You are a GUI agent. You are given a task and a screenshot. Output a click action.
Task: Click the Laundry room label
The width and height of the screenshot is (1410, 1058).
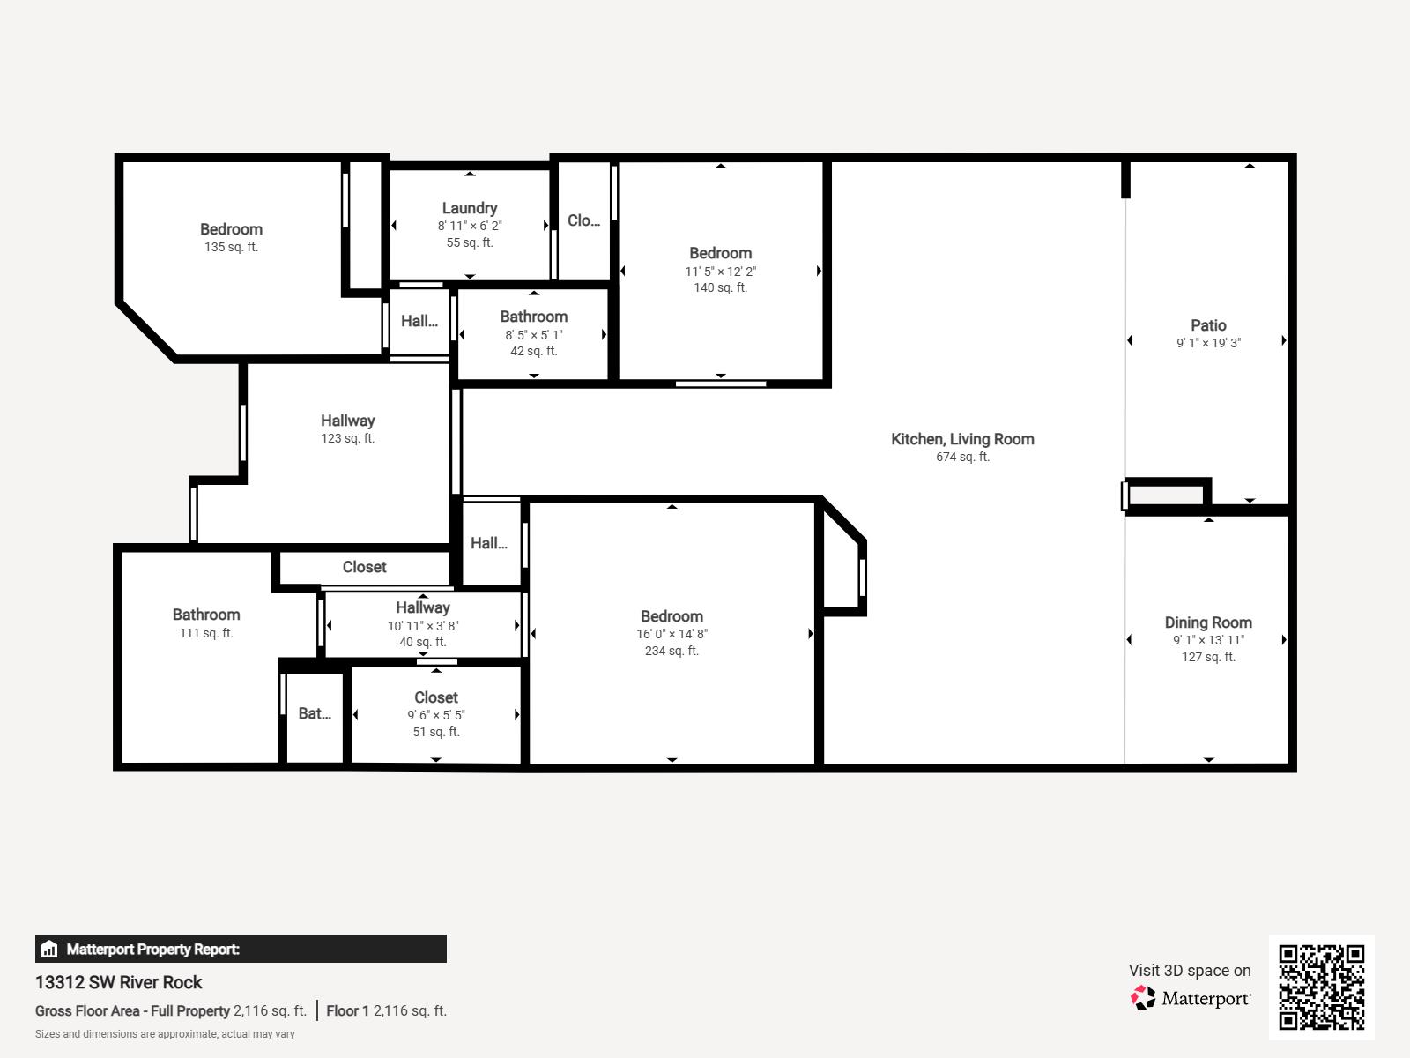[x=469, y=208]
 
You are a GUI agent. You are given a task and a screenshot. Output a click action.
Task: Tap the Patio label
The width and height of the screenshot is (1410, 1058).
[x=1208, y=325]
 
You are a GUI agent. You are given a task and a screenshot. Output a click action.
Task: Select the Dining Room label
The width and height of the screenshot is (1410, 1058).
[x=1208, y=622]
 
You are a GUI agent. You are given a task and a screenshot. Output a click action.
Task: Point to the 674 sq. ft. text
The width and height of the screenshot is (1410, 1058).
[x=962, y=457]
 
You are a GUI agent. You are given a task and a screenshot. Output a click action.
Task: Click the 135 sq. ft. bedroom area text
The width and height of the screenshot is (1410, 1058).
[x=231, y=247]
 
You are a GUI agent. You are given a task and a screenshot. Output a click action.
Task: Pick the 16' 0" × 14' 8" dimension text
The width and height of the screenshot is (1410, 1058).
[x=672, y=634]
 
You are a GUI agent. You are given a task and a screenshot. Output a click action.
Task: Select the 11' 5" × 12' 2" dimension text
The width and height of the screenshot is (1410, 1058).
[x=720, y=272]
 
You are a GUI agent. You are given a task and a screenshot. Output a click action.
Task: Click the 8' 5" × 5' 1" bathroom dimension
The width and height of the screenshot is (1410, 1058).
[x=533, y=335]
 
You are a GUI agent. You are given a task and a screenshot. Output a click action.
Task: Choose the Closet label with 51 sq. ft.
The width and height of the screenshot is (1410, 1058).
[x=435, y=697]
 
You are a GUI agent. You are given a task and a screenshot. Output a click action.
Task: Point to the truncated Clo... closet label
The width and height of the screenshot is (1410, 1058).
[x=583, y=220]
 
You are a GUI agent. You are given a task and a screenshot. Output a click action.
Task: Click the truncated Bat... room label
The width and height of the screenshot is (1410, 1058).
[x=315, y=713]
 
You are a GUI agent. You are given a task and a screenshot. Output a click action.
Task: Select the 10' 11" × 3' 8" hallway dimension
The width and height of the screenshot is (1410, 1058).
[x=423, y=626]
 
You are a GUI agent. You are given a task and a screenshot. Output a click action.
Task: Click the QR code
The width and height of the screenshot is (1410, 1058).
[x=1321, y=987]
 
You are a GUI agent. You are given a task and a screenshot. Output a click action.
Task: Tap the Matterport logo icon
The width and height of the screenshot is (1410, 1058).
[x=1143, y=998]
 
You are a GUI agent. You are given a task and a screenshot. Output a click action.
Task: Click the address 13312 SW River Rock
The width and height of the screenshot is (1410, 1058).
[x=119, y=982]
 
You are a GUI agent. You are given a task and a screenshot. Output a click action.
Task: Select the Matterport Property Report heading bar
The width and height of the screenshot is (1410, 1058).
[x=241, y=949]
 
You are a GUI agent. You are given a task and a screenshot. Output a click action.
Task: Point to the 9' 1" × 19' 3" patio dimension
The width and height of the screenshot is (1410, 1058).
[x=1208, y=343]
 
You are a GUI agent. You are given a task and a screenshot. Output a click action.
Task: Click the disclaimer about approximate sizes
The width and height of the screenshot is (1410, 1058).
[x=165, y=1034]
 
